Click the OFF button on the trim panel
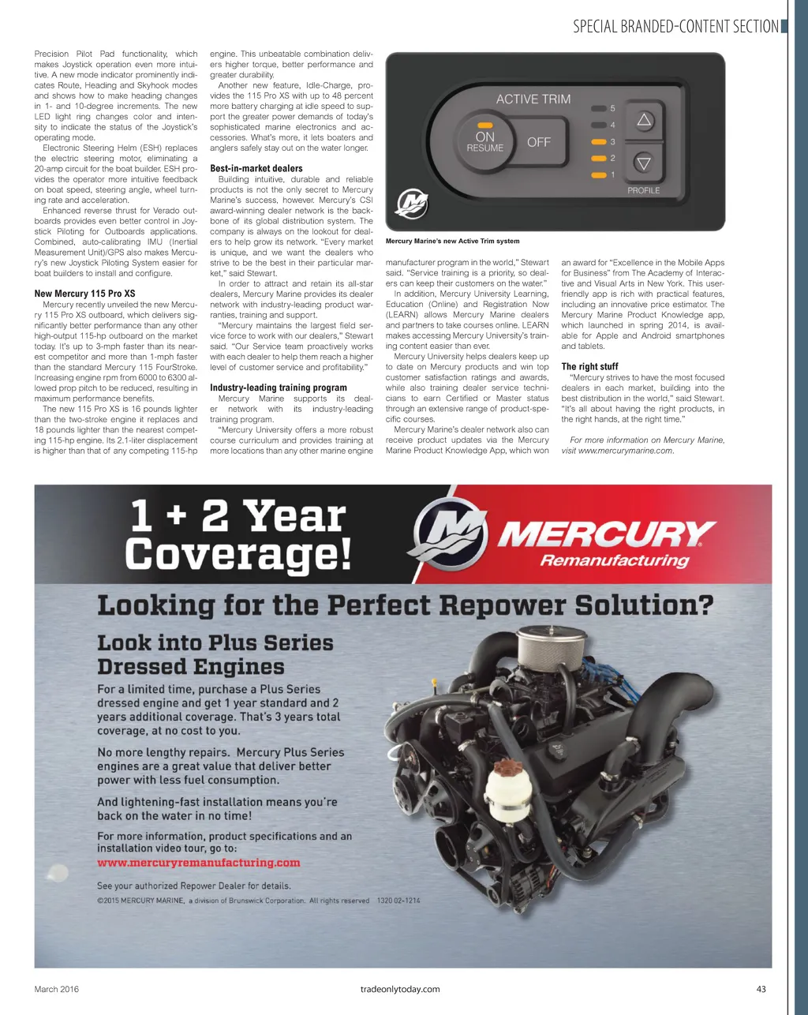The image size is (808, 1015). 539,142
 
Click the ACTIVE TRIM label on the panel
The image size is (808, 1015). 533,99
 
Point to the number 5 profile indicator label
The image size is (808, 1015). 613,108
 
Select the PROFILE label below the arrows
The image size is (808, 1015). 643,190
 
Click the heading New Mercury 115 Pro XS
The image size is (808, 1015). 84,294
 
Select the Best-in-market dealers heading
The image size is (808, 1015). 256,168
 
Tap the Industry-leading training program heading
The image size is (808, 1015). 279,388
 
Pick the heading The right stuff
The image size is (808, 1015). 589,366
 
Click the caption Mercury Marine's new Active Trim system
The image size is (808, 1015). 452,242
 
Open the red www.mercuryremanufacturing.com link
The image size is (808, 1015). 199,863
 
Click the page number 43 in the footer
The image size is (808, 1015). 761,989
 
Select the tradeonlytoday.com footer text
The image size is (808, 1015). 399,989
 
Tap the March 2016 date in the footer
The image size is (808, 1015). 57,989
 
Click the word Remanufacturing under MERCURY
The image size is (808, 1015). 614,560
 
